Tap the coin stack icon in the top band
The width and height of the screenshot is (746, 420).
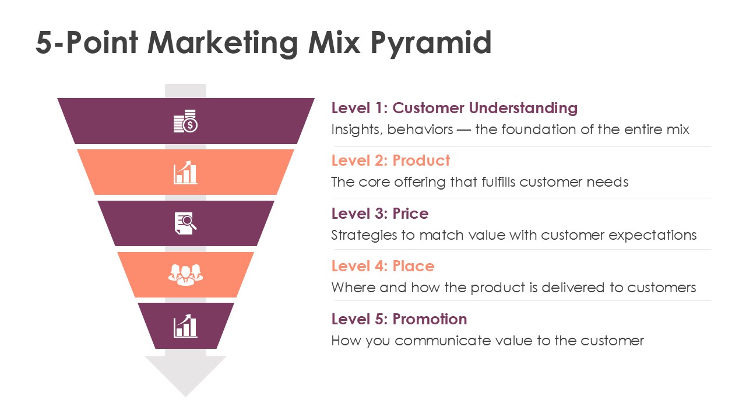[185, 121]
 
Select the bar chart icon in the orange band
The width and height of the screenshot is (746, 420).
[185, 172]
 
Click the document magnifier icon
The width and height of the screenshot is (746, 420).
[185, 223]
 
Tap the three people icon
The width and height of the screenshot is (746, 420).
[185, 275]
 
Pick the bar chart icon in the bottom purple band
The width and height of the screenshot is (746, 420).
[185, 326]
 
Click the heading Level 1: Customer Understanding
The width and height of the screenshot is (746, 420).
[454, 108]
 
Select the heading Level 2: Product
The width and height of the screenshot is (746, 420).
[390, 160]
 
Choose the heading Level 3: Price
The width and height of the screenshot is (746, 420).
[380, 213]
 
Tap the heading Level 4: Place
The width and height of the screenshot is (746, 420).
[383, 267]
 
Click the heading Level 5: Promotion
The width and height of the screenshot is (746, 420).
[399, 319]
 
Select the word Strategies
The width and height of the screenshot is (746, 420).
[364, 235]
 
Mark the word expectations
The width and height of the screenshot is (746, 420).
[652, 235]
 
